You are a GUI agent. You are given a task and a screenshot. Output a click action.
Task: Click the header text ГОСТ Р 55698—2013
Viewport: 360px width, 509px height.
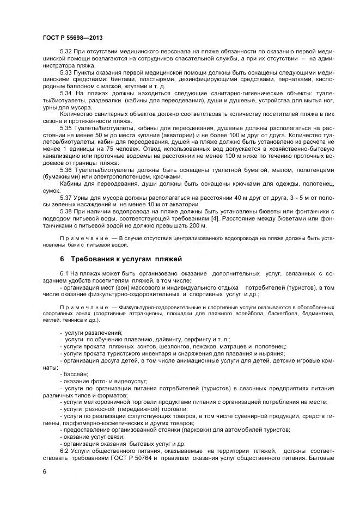(72, 38)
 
